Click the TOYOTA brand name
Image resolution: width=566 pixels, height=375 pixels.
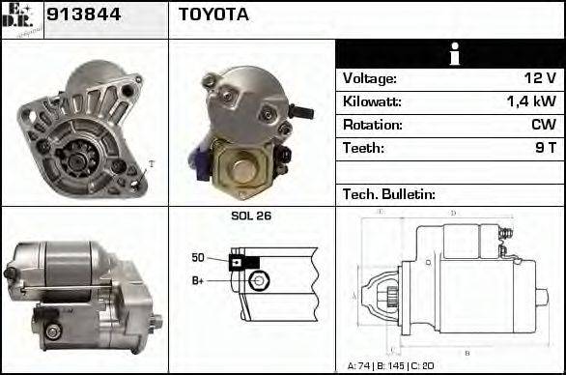[x=213, y=14]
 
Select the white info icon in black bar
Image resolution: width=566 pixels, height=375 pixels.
[x=451, y=54]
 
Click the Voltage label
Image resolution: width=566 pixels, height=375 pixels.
[x=370, y=78]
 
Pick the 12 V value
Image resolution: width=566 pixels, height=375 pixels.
[x=538, y=78]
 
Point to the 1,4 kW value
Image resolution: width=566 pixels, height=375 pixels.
[x=530, y=101]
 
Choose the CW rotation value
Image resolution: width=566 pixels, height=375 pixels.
[x=543, y=125]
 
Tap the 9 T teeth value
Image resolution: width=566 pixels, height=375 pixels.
[x=545, y=148]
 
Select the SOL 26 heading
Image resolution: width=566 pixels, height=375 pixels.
[x=250, y=216]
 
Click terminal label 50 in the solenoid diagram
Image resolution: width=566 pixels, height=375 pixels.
[x=198, y=257]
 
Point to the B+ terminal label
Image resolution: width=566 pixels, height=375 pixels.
[x=198, y=280]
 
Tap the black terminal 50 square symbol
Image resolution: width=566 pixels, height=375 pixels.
[x=236, y=261]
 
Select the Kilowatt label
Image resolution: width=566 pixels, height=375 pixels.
[x=372, y=101]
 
